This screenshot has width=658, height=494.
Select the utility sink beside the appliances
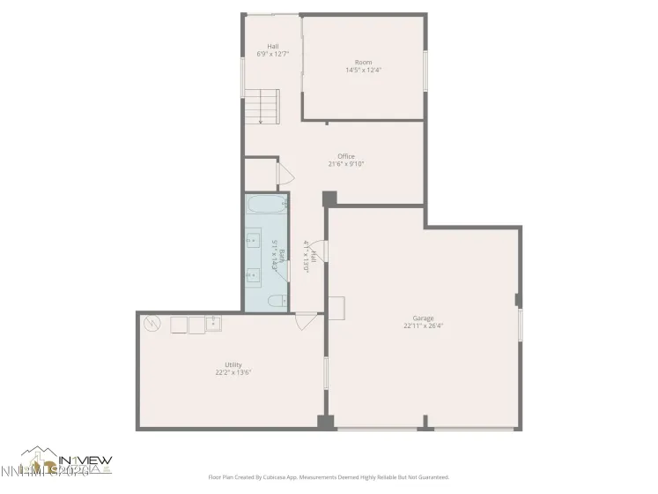(x=212, y=325)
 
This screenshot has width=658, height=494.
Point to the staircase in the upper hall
(x=261, y=107)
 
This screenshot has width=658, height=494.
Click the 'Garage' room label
(x=423, y=318)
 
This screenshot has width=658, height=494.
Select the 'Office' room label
(x=346, y=156)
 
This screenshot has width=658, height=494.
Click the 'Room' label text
(x=363, y=63)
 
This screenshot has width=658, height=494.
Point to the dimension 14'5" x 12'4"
(x=363, y=71)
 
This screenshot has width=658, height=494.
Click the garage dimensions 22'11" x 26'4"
(x=423, y=326)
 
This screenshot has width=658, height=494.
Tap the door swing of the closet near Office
(x=285, y=173)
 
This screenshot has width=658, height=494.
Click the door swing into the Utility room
(x=305, y=321)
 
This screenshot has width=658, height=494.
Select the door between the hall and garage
(x=321, y=251)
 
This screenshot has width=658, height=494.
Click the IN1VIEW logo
(x=66, y=463)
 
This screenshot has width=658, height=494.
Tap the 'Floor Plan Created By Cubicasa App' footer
(x=329, y=477)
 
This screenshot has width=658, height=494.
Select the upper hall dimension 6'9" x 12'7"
(x=273, y=55)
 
